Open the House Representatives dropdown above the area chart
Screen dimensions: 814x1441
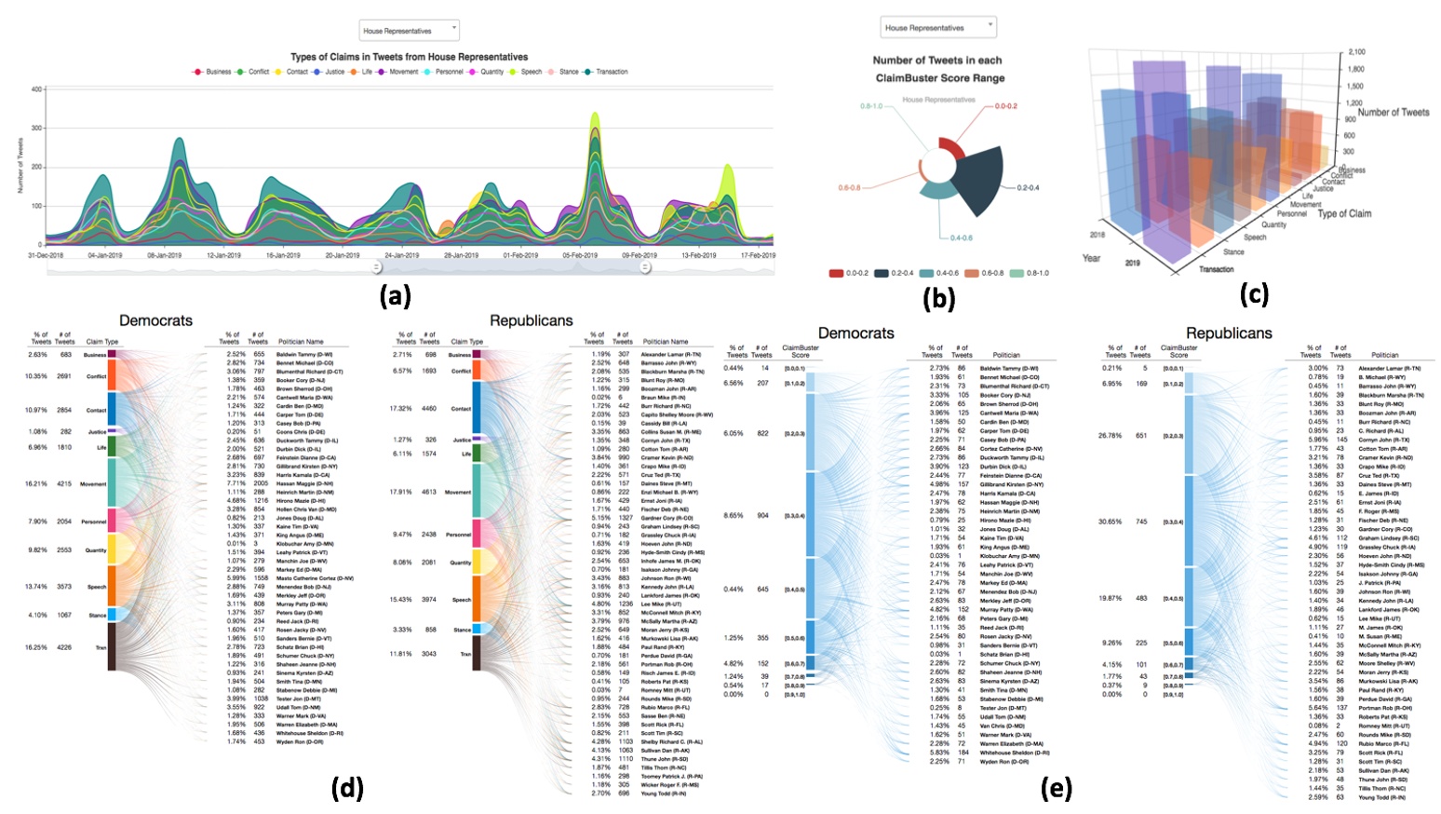click(x=410, y=31)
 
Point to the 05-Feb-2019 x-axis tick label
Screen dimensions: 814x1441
click(x=579, y=255)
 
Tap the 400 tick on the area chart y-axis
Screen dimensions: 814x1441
click(x=37, y=89)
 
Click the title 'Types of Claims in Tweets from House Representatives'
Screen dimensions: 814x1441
click(x=409, y=57)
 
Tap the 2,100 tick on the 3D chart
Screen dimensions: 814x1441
click(x=1357, y=52)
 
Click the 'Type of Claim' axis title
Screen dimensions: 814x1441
click(x=1344, y=213)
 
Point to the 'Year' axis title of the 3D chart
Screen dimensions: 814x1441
click(x=1092, y=257)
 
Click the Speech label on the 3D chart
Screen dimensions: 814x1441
click(x=1255, y=237)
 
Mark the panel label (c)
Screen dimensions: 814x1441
click(x=1253, y=294)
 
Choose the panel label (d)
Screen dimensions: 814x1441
click(x=346, y=788)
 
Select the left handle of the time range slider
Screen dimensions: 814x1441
click(x=376, y=268)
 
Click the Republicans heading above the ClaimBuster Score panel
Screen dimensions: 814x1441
click(x=1229, y=332)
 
